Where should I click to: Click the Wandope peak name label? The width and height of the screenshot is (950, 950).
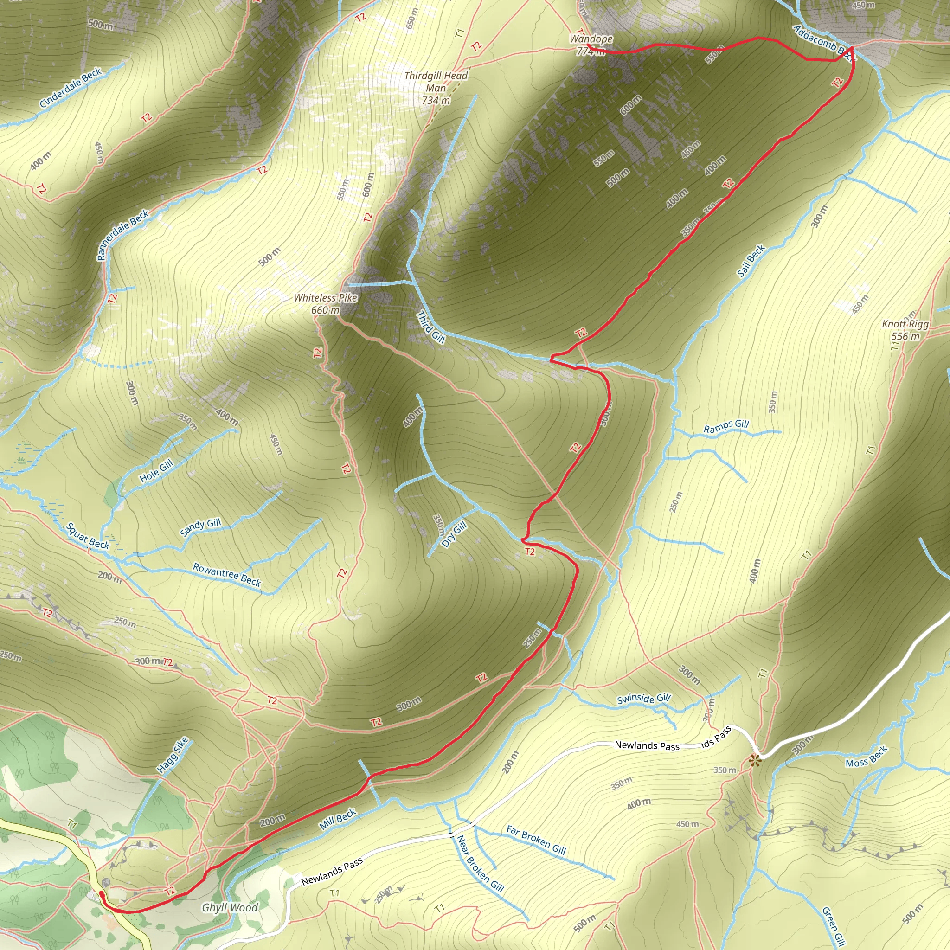[x=591, y=39]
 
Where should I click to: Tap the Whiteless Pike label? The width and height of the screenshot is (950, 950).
[x=326, y=298]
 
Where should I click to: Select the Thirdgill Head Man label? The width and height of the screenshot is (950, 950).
[x=436, y=82]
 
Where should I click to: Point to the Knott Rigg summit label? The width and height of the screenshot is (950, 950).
[x=905, y=324]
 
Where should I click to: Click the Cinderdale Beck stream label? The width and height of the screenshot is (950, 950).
[x=71, y=88]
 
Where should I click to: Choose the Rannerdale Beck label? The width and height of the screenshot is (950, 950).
[x=123, y=235]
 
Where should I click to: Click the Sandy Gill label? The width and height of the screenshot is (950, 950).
[x=200, y=527]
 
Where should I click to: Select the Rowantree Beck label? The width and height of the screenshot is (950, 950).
[x=227, y=574]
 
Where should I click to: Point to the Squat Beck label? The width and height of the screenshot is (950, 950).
[x=88, y=536]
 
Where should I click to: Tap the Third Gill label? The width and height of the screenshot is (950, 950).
[x=431, y=327]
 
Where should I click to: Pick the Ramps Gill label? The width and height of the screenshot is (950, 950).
[x=726, y=426]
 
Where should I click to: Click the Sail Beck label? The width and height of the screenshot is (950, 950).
[x=751, y=261]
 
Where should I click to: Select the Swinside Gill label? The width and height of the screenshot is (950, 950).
[x=644, y=699]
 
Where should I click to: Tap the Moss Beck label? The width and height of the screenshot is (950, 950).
[x=867, y=756]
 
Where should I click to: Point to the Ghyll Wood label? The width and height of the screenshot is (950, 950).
[x=230, y=907]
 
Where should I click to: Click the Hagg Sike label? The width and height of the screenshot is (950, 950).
[x=173, y=754]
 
